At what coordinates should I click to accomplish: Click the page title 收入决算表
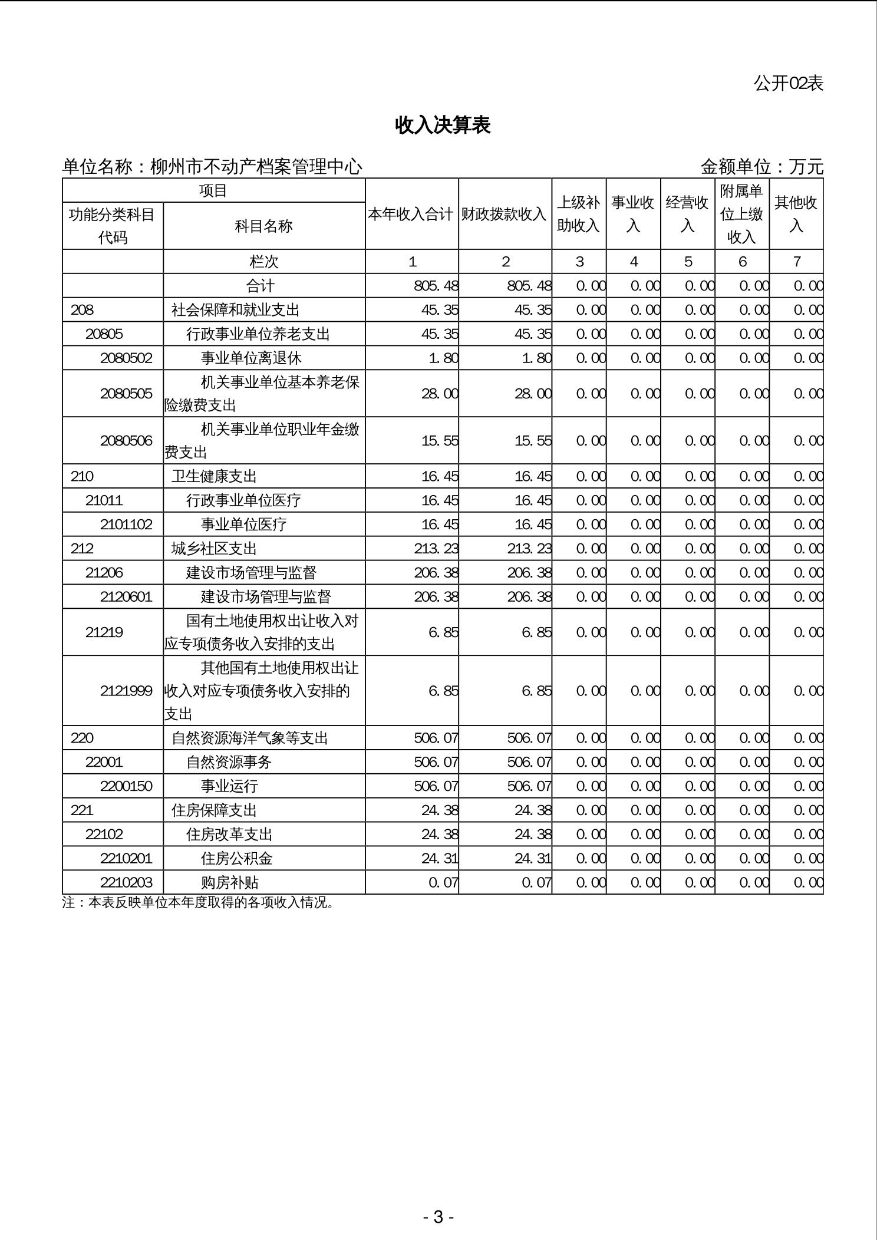[443, 125]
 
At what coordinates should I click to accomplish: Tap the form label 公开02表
[788, 83]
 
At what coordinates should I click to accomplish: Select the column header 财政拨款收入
[505, 214]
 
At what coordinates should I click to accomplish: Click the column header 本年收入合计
[411, 214]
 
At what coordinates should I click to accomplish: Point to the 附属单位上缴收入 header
[741, 214]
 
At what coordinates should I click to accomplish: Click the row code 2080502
[126, 358]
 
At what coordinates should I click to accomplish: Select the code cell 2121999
[126, 690]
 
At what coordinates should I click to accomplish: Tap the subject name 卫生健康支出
[214, 476]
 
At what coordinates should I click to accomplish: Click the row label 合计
[260, 286]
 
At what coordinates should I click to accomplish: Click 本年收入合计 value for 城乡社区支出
[436, 549]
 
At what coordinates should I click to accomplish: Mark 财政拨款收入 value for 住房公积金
[533, 858]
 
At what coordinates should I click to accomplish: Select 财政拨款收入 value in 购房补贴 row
[536, 882]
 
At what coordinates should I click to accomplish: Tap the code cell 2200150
[126, 786]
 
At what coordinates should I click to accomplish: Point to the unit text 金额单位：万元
[761, 167]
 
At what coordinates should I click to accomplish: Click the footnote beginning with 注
[198, 903]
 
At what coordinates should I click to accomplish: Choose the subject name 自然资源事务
[229, 762]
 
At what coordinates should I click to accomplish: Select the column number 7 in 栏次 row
[796, 262]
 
